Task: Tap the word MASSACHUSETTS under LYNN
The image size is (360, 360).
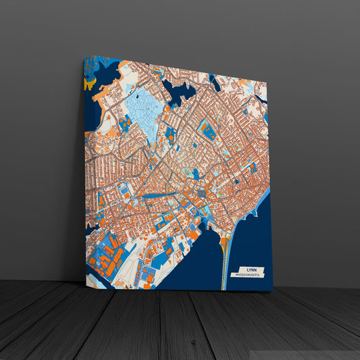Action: pyautogui.click(x=246, y=275)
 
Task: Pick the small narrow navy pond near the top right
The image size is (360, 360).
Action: pyautogui.click(x=215, y=82)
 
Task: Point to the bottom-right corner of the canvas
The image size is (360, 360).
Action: pyautogui.click(x=272, y=291)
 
